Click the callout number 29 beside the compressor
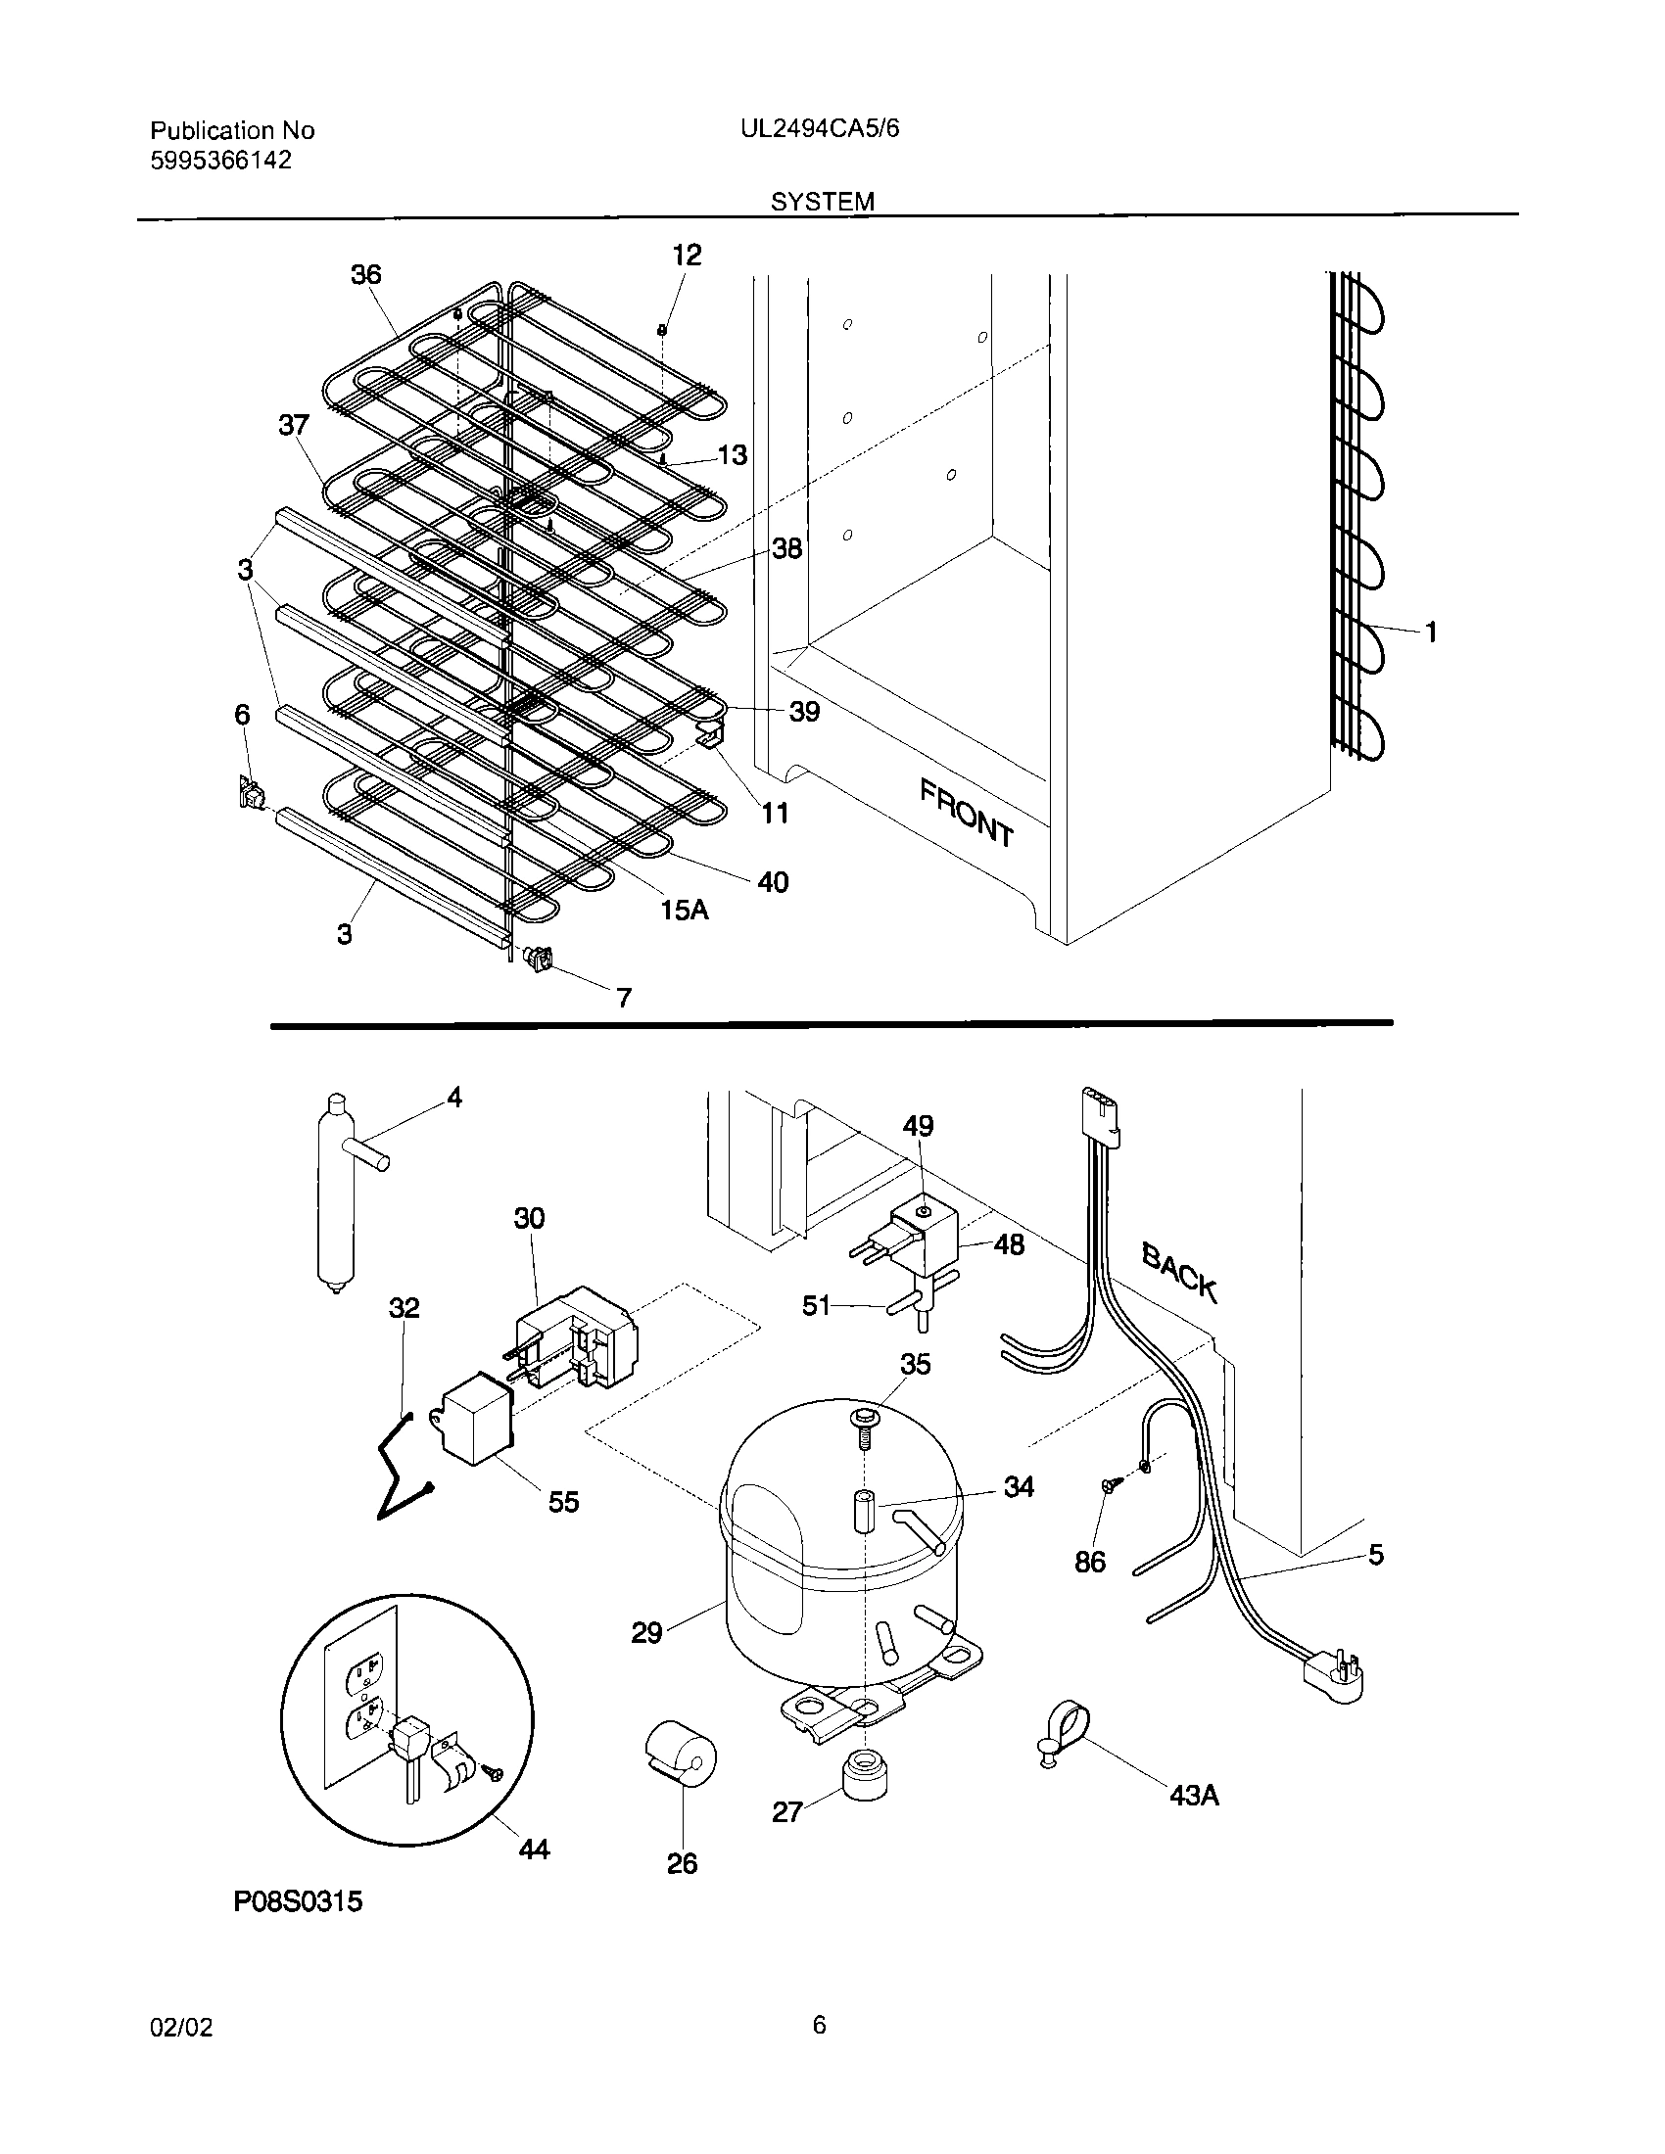pyautogui.click(x=646, y=1633)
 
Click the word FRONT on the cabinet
pyautogui.click(x=966, y=813)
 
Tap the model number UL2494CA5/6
pyautogui.click(x=820, y=129)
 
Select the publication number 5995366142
pyautogui.click(x=221, y=161)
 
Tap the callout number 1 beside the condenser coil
pyautogui.click(x=1430, y=632)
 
